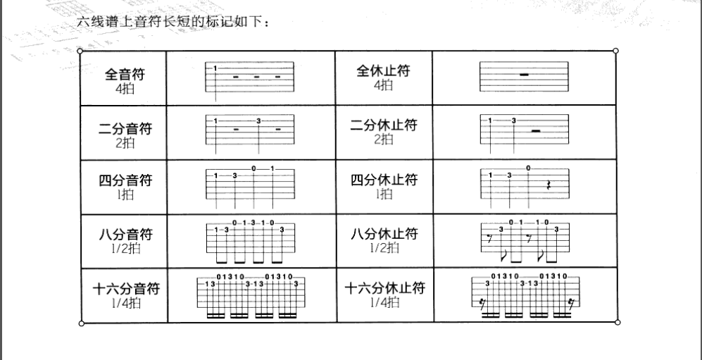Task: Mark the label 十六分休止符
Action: coord(384,288)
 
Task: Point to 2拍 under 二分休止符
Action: coord(384,139)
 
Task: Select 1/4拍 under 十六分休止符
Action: coord(384,302)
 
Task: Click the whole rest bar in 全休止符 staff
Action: coord(523,74)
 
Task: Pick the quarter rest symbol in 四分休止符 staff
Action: coord(549,185)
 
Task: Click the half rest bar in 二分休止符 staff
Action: coord(536,130)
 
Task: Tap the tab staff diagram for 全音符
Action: coord(249,77)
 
